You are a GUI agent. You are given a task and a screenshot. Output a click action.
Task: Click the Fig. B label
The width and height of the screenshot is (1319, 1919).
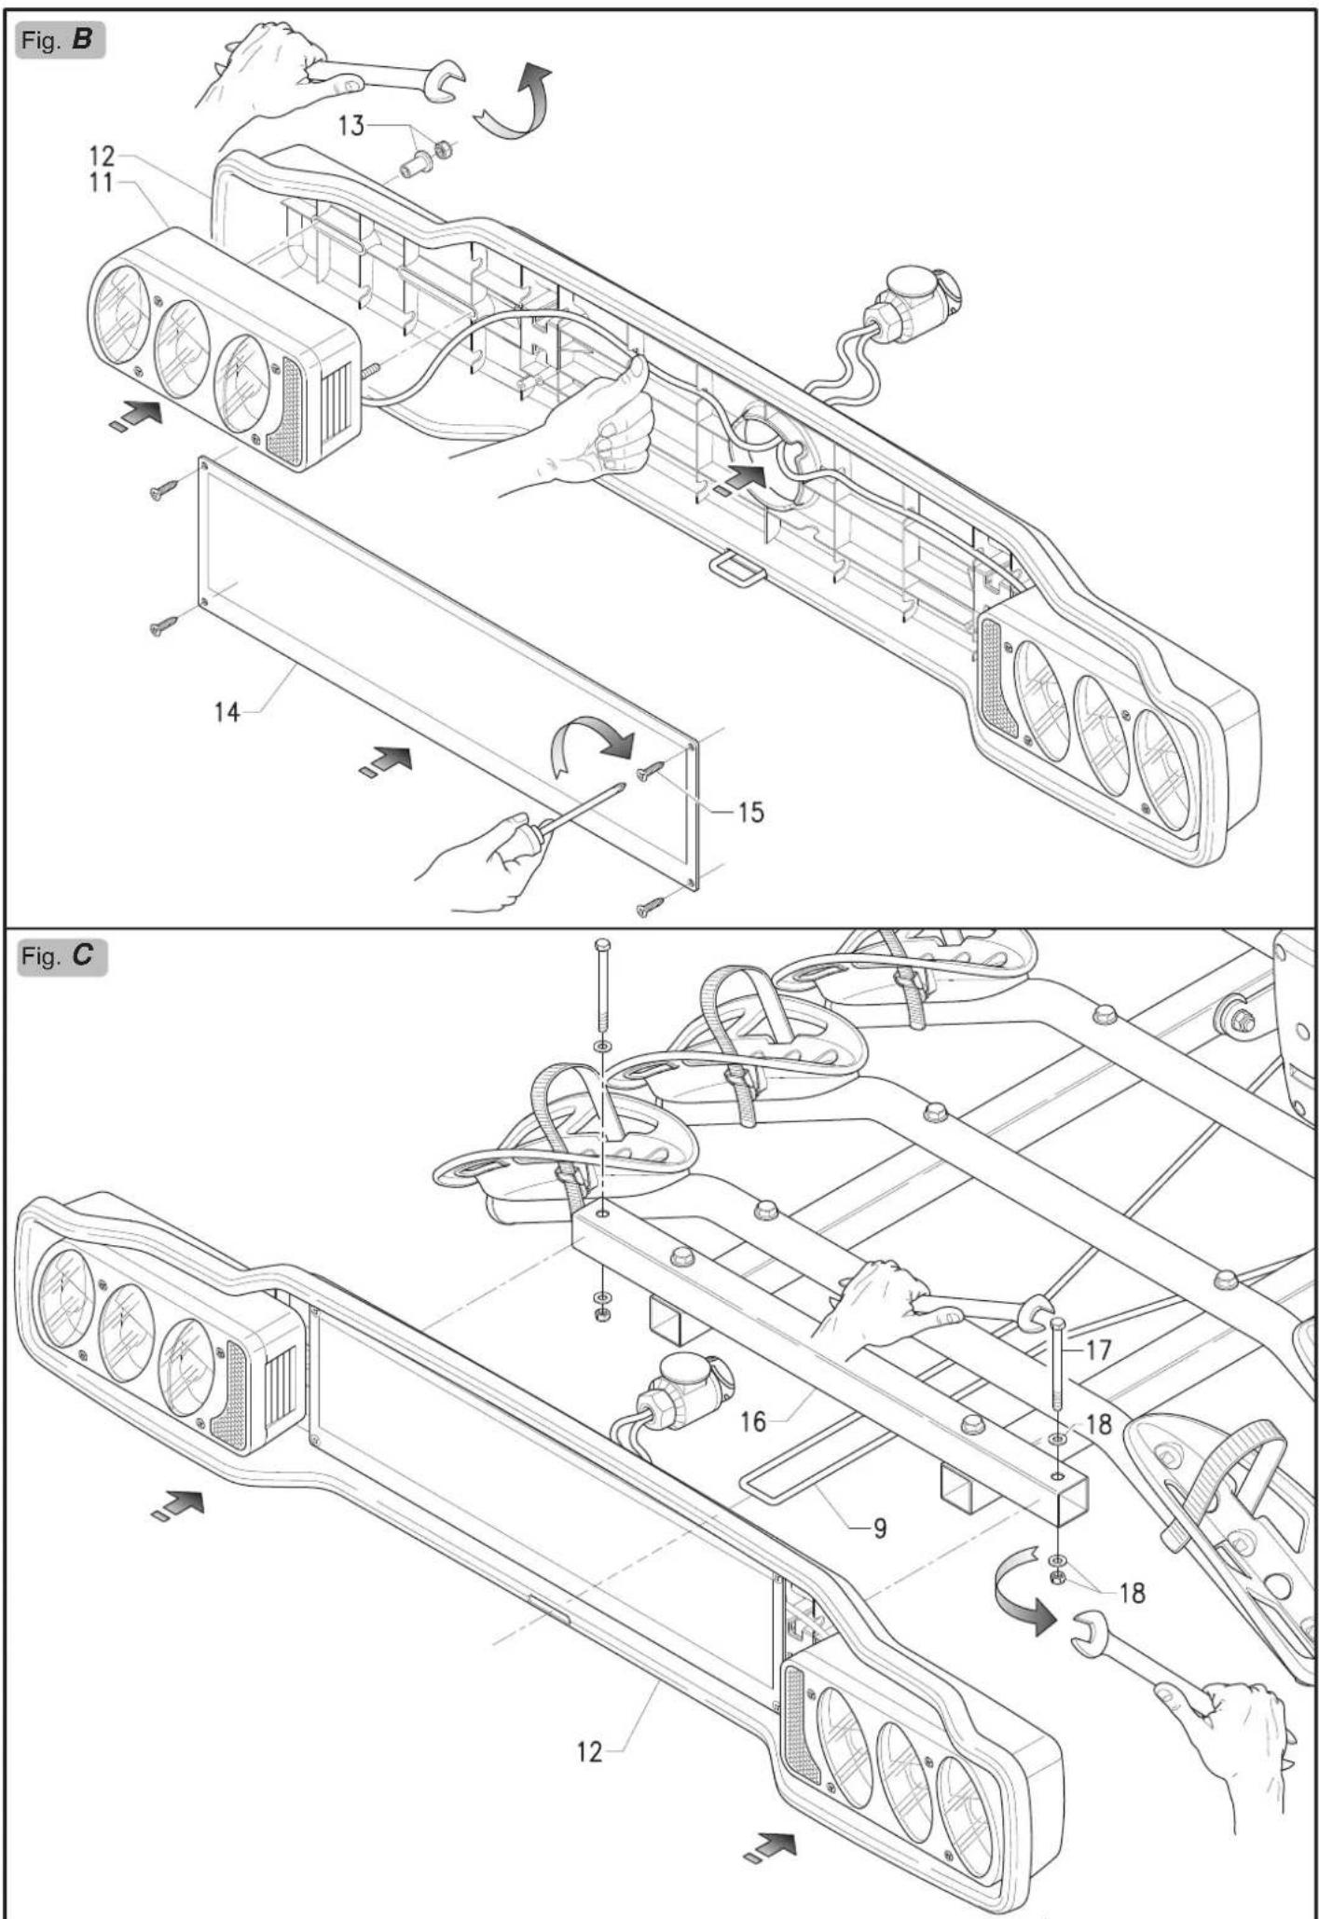pos(62,42)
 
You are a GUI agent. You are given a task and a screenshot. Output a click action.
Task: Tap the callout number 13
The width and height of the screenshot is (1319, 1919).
pos(351,125)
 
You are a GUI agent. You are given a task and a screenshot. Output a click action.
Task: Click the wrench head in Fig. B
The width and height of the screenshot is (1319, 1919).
pos(438,82)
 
